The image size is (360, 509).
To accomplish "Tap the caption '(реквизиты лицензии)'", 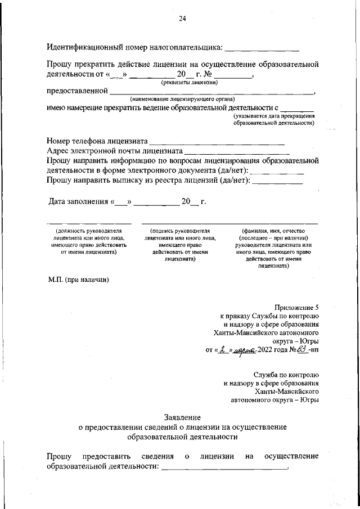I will (x=190, y=82).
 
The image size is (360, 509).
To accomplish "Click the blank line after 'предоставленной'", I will (x=211, y=91).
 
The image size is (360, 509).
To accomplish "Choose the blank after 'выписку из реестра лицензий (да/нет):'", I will (x=280, y=181).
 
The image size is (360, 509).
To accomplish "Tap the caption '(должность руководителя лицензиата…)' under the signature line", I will (x=88, y=242).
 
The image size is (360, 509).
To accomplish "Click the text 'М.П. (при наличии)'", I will (x=78, y=280).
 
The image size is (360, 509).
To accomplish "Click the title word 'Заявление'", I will (x=182, y=417).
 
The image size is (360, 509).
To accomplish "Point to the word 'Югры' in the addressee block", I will (x=308, y=400).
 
